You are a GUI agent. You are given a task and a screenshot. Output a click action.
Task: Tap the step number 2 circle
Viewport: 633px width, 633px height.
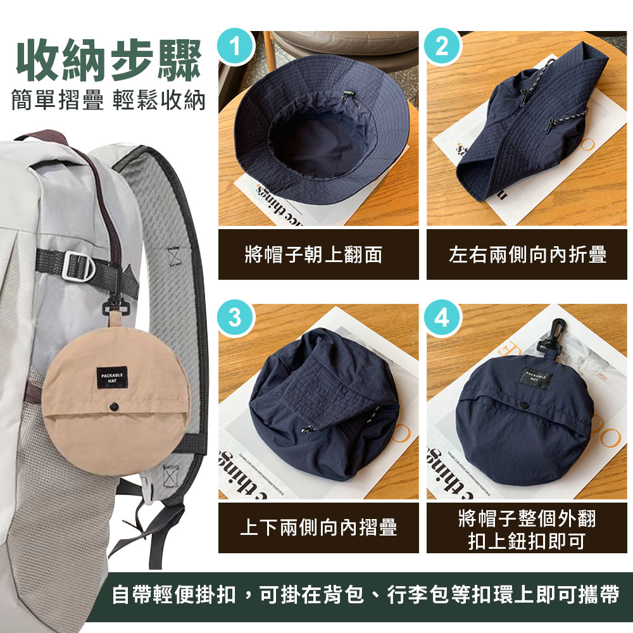coord(442,47)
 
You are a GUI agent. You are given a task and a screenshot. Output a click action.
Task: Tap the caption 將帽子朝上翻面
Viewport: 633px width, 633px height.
coord(318,254)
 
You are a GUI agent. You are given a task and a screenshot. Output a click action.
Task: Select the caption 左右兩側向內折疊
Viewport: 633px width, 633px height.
coord(527,254)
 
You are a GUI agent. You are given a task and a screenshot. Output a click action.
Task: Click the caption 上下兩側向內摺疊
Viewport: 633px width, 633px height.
coord(318,527)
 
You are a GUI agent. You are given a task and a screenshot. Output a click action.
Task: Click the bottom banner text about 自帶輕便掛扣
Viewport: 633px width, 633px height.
coord(365,595)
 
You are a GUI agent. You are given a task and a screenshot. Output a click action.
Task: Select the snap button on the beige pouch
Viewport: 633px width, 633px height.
coord(115,405)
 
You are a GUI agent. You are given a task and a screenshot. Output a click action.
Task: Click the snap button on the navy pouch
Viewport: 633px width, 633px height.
coord(525,405)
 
